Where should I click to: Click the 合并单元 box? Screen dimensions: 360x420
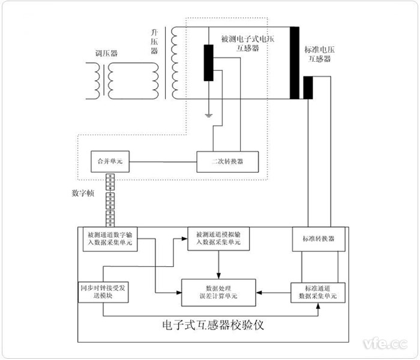[x=110, y=161]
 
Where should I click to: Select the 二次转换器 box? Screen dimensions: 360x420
[x=229, y=161]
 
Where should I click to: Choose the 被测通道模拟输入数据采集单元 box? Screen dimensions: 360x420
[x=217, y=238]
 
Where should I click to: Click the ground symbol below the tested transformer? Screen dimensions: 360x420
[x=208, y=113]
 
